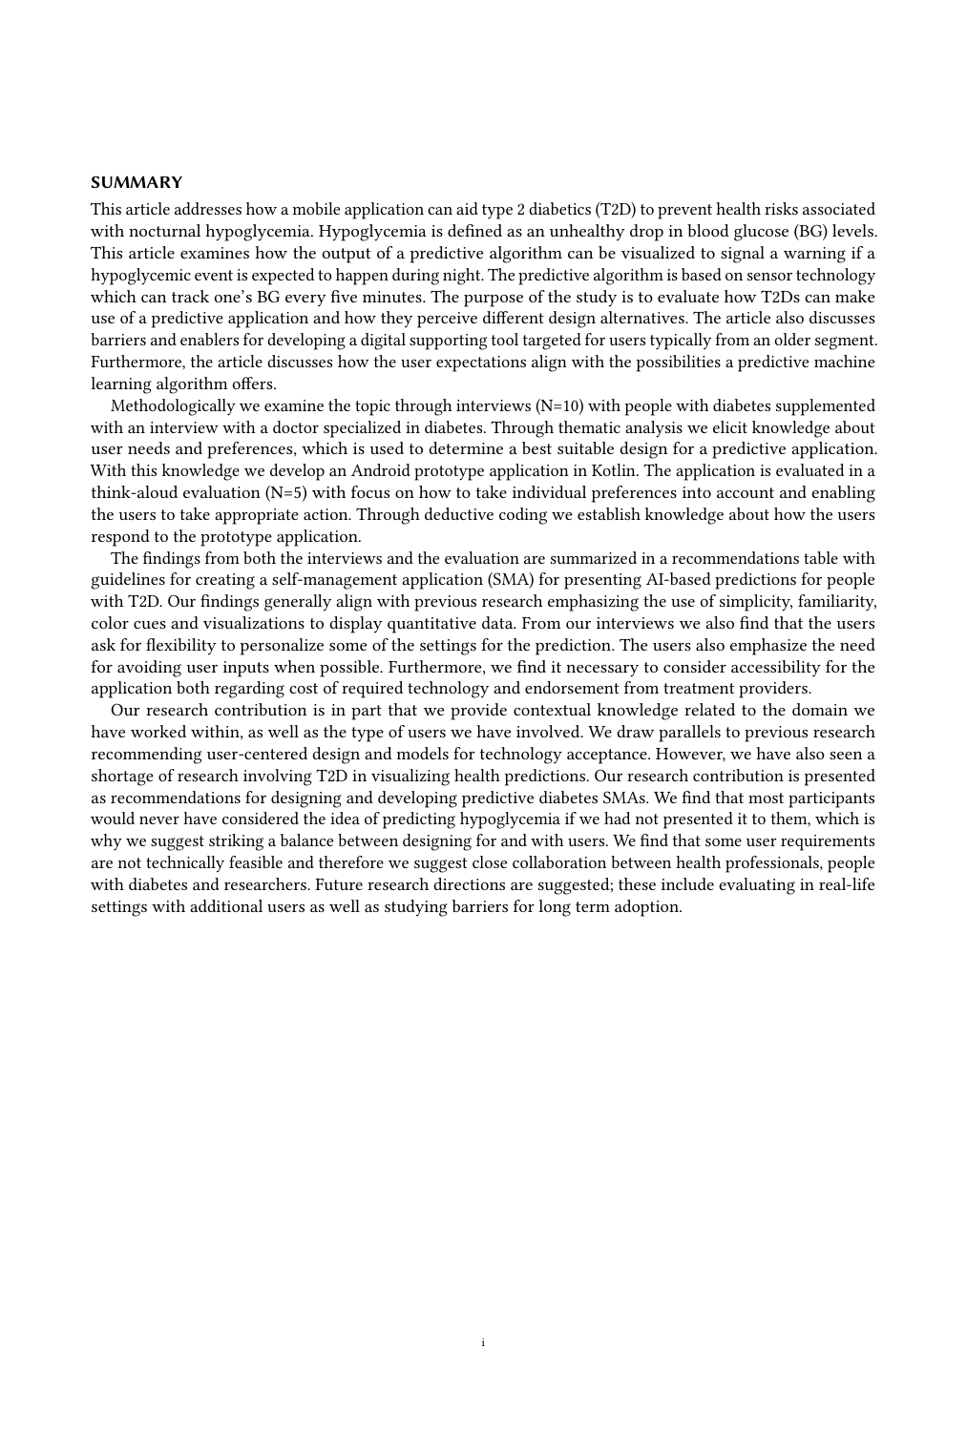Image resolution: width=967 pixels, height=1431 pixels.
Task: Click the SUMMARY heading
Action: (x=137, y=182)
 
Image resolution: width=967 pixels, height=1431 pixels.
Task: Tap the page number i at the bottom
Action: (x=483, y=1343)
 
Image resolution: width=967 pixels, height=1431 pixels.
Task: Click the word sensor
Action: (x=781, y=275)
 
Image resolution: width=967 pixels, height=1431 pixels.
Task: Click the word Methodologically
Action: (x=171, y=406)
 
